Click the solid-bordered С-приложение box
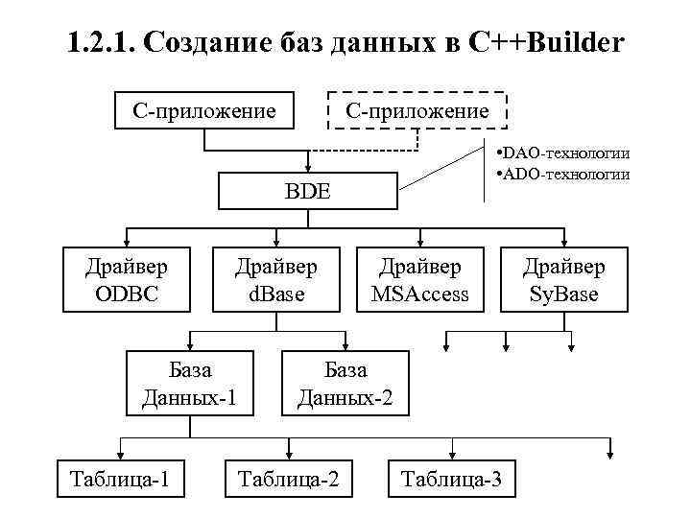[203, 111]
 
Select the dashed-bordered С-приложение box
[417, 111]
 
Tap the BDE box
[307, 191]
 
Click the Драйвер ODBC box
[124, 280]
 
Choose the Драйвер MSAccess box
[420, 280]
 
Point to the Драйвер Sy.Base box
[564, 280]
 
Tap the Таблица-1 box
[121, 479]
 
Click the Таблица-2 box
[288, 479]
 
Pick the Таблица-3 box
[451, 479]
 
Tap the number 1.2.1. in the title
[105, 43]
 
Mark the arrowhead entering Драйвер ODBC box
[127, 242]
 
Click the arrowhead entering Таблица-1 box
[119, 454]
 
